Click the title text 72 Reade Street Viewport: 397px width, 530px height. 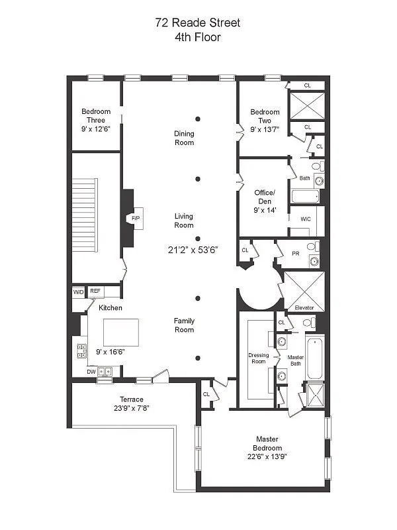tap(198, 23)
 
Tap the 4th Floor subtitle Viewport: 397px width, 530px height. tap(198, 37)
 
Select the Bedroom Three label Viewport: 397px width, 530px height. tap(96, 116)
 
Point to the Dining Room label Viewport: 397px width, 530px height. tap(184, 138)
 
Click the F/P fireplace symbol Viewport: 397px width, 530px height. tap(136, 218)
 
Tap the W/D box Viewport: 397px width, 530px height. tap(78, 291)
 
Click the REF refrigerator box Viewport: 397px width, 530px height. tap(95, 291)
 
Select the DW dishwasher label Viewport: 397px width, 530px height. tap(91, 372)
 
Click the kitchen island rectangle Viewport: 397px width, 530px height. tap(121, 332)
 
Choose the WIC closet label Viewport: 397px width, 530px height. tap(305, 219)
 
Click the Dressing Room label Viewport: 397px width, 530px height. tap(258, 358)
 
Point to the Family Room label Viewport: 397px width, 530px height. tap(184, 325)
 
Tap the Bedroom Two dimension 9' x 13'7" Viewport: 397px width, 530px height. tap(265, 129)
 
